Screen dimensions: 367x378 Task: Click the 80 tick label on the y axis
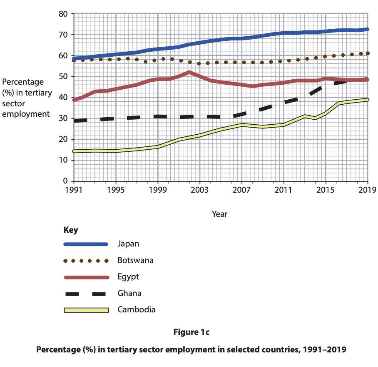63,14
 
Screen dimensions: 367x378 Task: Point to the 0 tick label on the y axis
65,181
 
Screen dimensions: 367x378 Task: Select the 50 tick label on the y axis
63,76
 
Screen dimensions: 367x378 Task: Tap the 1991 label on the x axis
74,190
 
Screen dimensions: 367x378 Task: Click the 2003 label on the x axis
200,190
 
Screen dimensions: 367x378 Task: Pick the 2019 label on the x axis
368,190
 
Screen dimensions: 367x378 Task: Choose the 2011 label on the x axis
283,190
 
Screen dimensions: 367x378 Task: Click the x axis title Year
219,214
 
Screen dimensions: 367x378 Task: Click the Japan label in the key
128,244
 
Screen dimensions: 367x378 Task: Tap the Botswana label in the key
135,260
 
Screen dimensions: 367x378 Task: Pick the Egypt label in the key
128,277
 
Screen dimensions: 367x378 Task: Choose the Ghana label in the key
129,293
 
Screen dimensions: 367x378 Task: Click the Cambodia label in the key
137,309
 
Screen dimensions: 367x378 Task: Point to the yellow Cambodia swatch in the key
86,310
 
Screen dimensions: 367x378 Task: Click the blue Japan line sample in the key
86,244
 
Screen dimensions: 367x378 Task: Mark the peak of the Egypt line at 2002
189,73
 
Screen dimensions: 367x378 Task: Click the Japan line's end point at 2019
368,29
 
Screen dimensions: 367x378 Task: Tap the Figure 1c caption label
191,332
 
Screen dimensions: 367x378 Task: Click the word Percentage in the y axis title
23,82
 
